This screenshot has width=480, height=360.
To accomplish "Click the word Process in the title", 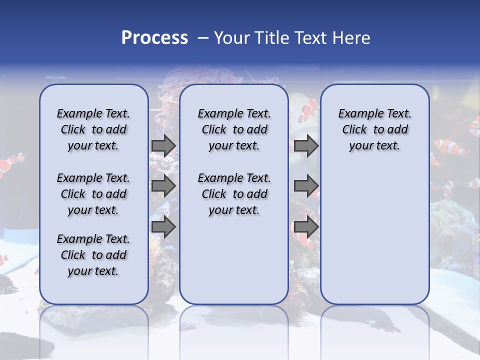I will (154, 37).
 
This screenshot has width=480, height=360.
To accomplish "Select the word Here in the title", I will (352, 37).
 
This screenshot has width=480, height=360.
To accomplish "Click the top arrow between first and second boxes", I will (163, 146).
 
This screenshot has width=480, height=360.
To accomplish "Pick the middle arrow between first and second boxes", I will (163, 186).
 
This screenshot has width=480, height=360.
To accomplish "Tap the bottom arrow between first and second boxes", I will (163, 226).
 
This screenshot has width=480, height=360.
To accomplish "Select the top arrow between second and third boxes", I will (306, 146).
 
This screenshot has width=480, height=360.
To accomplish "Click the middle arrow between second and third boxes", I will (306, 186).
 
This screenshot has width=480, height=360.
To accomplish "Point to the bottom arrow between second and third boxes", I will (306, 226).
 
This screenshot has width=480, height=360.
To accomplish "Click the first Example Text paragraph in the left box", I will (93, 129).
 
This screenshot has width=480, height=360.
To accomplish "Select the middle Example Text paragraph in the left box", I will (93, 194).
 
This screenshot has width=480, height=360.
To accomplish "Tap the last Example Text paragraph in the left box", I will (93, 255).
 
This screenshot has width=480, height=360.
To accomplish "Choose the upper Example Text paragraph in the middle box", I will (234, 129).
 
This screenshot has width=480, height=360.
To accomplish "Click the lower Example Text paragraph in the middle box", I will (234, 194).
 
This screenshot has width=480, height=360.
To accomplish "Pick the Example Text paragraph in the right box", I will (374, 129).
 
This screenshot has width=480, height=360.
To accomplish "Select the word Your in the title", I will (232, 37).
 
